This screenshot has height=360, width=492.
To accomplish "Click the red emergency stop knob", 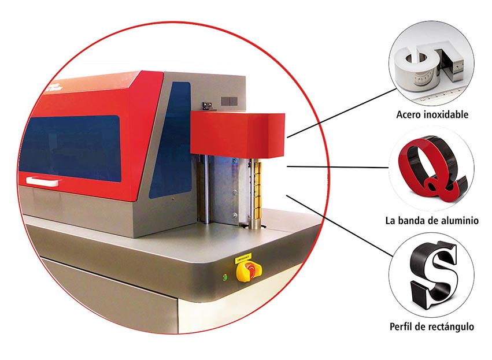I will click(x=241, y=270).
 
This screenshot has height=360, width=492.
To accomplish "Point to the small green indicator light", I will click(x=224, y=277).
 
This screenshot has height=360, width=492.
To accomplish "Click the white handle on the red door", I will click(x=42, y=182).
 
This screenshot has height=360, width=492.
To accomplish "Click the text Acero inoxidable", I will click(x=432, y=114).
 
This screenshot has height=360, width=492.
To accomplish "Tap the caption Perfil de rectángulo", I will click(x=432, y=326).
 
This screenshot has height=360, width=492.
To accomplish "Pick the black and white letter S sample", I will click(x=434, y=272).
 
